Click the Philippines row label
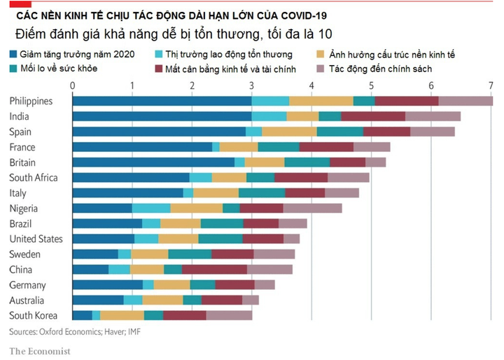pos(31,101)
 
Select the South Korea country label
pos(34,316)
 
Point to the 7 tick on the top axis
pos(491,85)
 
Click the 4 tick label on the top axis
pos(311,85)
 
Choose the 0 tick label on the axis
pos(73,85)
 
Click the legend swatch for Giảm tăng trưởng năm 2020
pos(15,54)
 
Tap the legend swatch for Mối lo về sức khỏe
pos(15,69)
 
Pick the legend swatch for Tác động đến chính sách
pos(321,69)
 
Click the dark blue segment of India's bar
pos(162,116)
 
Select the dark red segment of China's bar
pos(214,270)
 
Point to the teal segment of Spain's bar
pos(340,132)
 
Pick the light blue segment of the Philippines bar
pos(270,101)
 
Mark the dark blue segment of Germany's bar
pos(107,285)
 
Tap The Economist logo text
pos(39,350)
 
